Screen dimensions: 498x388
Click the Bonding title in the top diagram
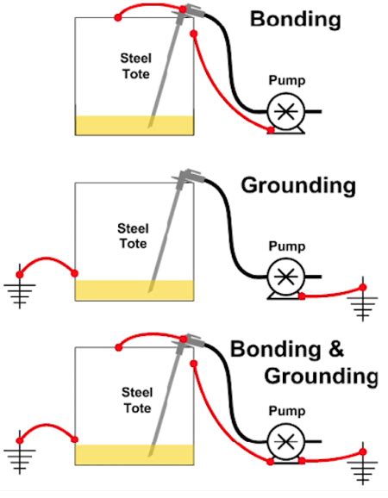pos(295,19)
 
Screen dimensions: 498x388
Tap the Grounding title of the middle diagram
pos(297,184)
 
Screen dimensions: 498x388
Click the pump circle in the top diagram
pos(284,111)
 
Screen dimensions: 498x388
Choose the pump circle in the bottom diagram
pos(284,443)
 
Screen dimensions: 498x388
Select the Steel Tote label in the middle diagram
pos(134,235)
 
